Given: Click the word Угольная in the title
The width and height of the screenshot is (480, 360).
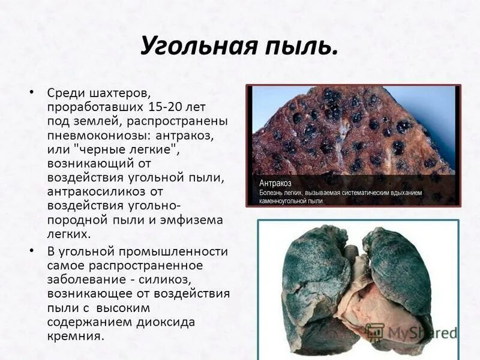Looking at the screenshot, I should coord(191,46).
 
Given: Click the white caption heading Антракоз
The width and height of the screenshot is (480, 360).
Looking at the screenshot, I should coord(275,182).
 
